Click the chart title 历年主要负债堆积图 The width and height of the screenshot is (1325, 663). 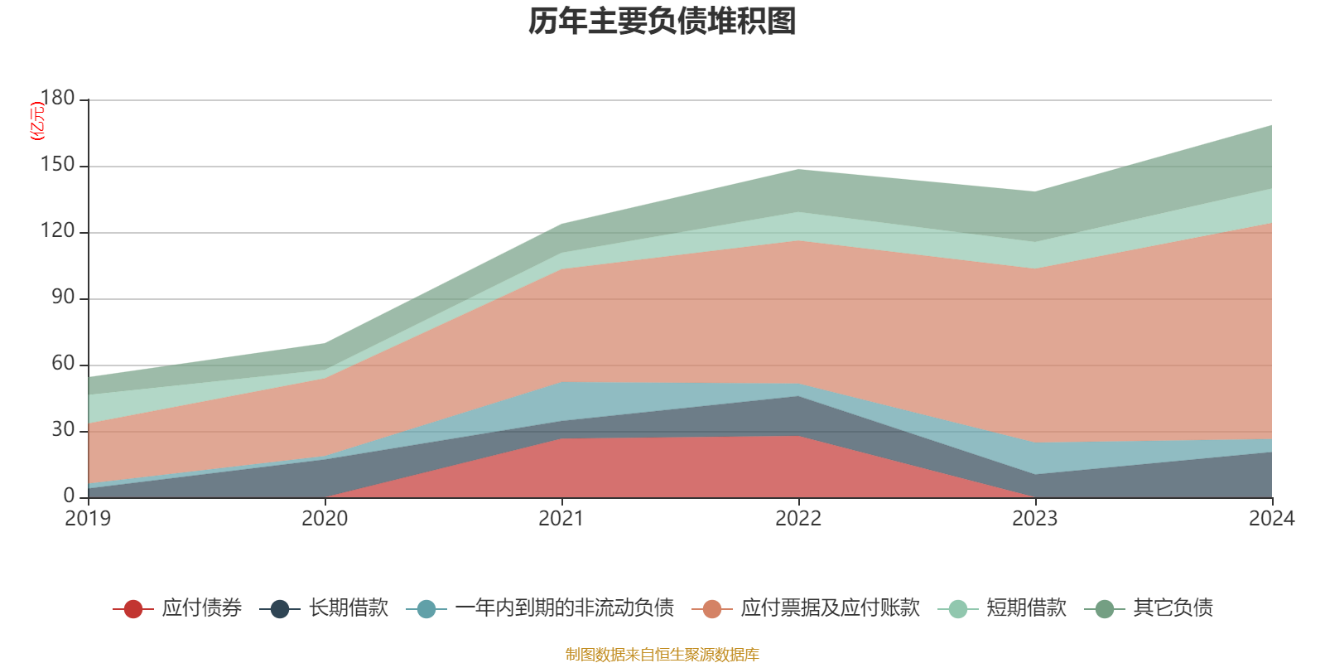coord(662,22)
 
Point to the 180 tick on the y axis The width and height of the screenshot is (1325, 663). coord(57,99)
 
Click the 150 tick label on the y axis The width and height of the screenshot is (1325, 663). coord(57,165)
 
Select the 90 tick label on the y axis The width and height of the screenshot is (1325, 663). coord(62,298)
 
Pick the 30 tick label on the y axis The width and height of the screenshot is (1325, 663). coord(62,430)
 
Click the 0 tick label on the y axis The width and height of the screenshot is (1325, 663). coord(69,496)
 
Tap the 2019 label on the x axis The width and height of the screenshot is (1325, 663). coord(88,519)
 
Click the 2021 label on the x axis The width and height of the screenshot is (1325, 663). coord(561,519)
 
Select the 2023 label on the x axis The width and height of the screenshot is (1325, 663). coord(1034,519)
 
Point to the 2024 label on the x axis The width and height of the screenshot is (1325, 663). coord(1271,519)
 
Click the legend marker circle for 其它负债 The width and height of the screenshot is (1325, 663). coord(1105,609)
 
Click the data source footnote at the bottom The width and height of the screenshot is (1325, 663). coord(662,655)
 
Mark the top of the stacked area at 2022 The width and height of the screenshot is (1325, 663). coord(798,169)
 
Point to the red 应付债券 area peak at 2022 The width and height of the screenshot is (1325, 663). coord(798,436)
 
